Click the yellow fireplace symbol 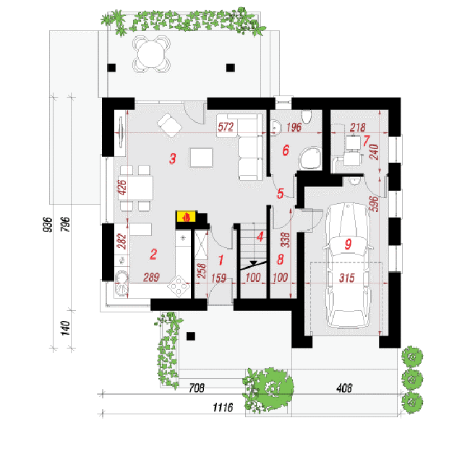coord(186,216)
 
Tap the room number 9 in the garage coord(348,244)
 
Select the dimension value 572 coord(226,127)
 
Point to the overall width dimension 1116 coord(223,407)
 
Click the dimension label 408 coord(343,388)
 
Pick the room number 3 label coord(172,158)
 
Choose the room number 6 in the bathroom coord(286,150)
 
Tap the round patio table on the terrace coord(151,54)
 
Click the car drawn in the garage coord(348,265)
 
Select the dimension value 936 coord(48,224)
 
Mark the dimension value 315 coord(347,278)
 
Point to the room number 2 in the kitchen coord(153,255)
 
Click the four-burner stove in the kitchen coord(179,286)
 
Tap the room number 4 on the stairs coord(260,236)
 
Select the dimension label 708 coord(197,388)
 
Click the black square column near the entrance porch coord(191,336)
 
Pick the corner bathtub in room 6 coord(310,158)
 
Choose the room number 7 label coord(366,141)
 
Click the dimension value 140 coord(65,328)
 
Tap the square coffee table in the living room coord(201,158)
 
